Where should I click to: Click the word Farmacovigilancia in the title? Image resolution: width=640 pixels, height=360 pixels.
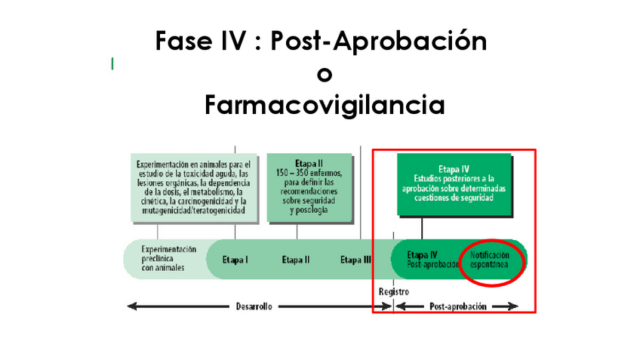point(324,104)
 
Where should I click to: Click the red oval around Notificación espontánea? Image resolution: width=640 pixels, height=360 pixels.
point(492,263)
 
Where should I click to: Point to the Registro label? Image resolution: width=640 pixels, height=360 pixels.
point(393,291)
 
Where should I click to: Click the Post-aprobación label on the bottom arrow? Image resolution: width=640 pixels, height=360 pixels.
point(457,306)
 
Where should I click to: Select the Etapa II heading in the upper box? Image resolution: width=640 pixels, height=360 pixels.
point(309,162)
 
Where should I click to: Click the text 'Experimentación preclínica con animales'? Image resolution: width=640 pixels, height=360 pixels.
point(168,258)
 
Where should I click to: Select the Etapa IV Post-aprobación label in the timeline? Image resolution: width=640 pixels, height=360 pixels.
point(432,260)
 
